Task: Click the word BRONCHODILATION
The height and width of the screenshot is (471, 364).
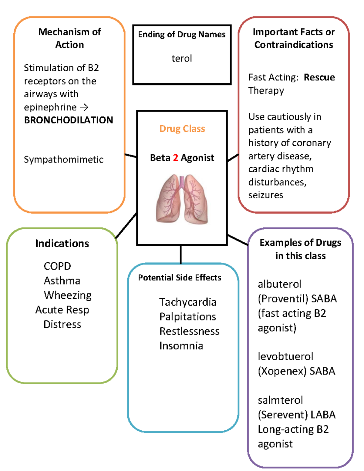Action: tap(69, 120)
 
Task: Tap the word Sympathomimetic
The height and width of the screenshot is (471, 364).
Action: tap(64, 160)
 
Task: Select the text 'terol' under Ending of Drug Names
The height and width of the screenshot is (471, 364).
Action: tap(182, 58)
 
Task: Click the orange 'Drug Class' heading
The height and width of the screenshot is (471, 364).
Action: tap(182, 129)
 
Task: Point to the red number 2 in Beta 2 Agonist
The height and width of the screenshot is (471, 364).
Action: tap(175, 158)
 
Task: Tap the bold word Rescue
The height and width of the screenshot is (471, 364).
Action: tap(319, 77)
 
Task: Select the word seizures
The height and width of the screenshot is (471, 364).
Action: tap(266, 195)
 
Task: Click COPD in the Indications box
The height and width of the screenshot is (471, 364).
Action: tap(57, 266)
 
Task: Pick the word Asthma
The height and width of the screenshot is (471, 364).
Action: tap(62, 281)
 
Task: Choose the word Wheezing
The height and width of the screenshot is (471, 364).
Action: tap(68, 295)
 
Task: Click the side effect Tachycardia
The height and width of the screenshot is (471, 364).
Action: tap(188, 302)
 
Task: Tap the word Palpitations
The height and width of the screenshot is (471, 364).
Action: tap(188, 317)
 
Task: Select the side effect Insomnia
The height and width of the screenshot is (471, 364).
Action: tap(181, 346)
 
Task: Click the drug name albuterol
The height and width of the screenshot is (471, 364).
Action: tap(279, 284)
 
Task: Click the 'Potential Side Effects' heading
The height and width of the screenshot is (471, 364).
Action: tap(180, 278)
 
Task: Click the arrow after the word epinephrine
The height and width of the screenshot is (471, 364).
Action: tap(84, 107)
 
